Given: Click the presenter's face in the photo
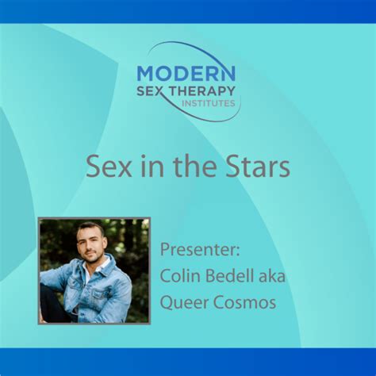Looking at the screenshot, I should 90,245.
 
